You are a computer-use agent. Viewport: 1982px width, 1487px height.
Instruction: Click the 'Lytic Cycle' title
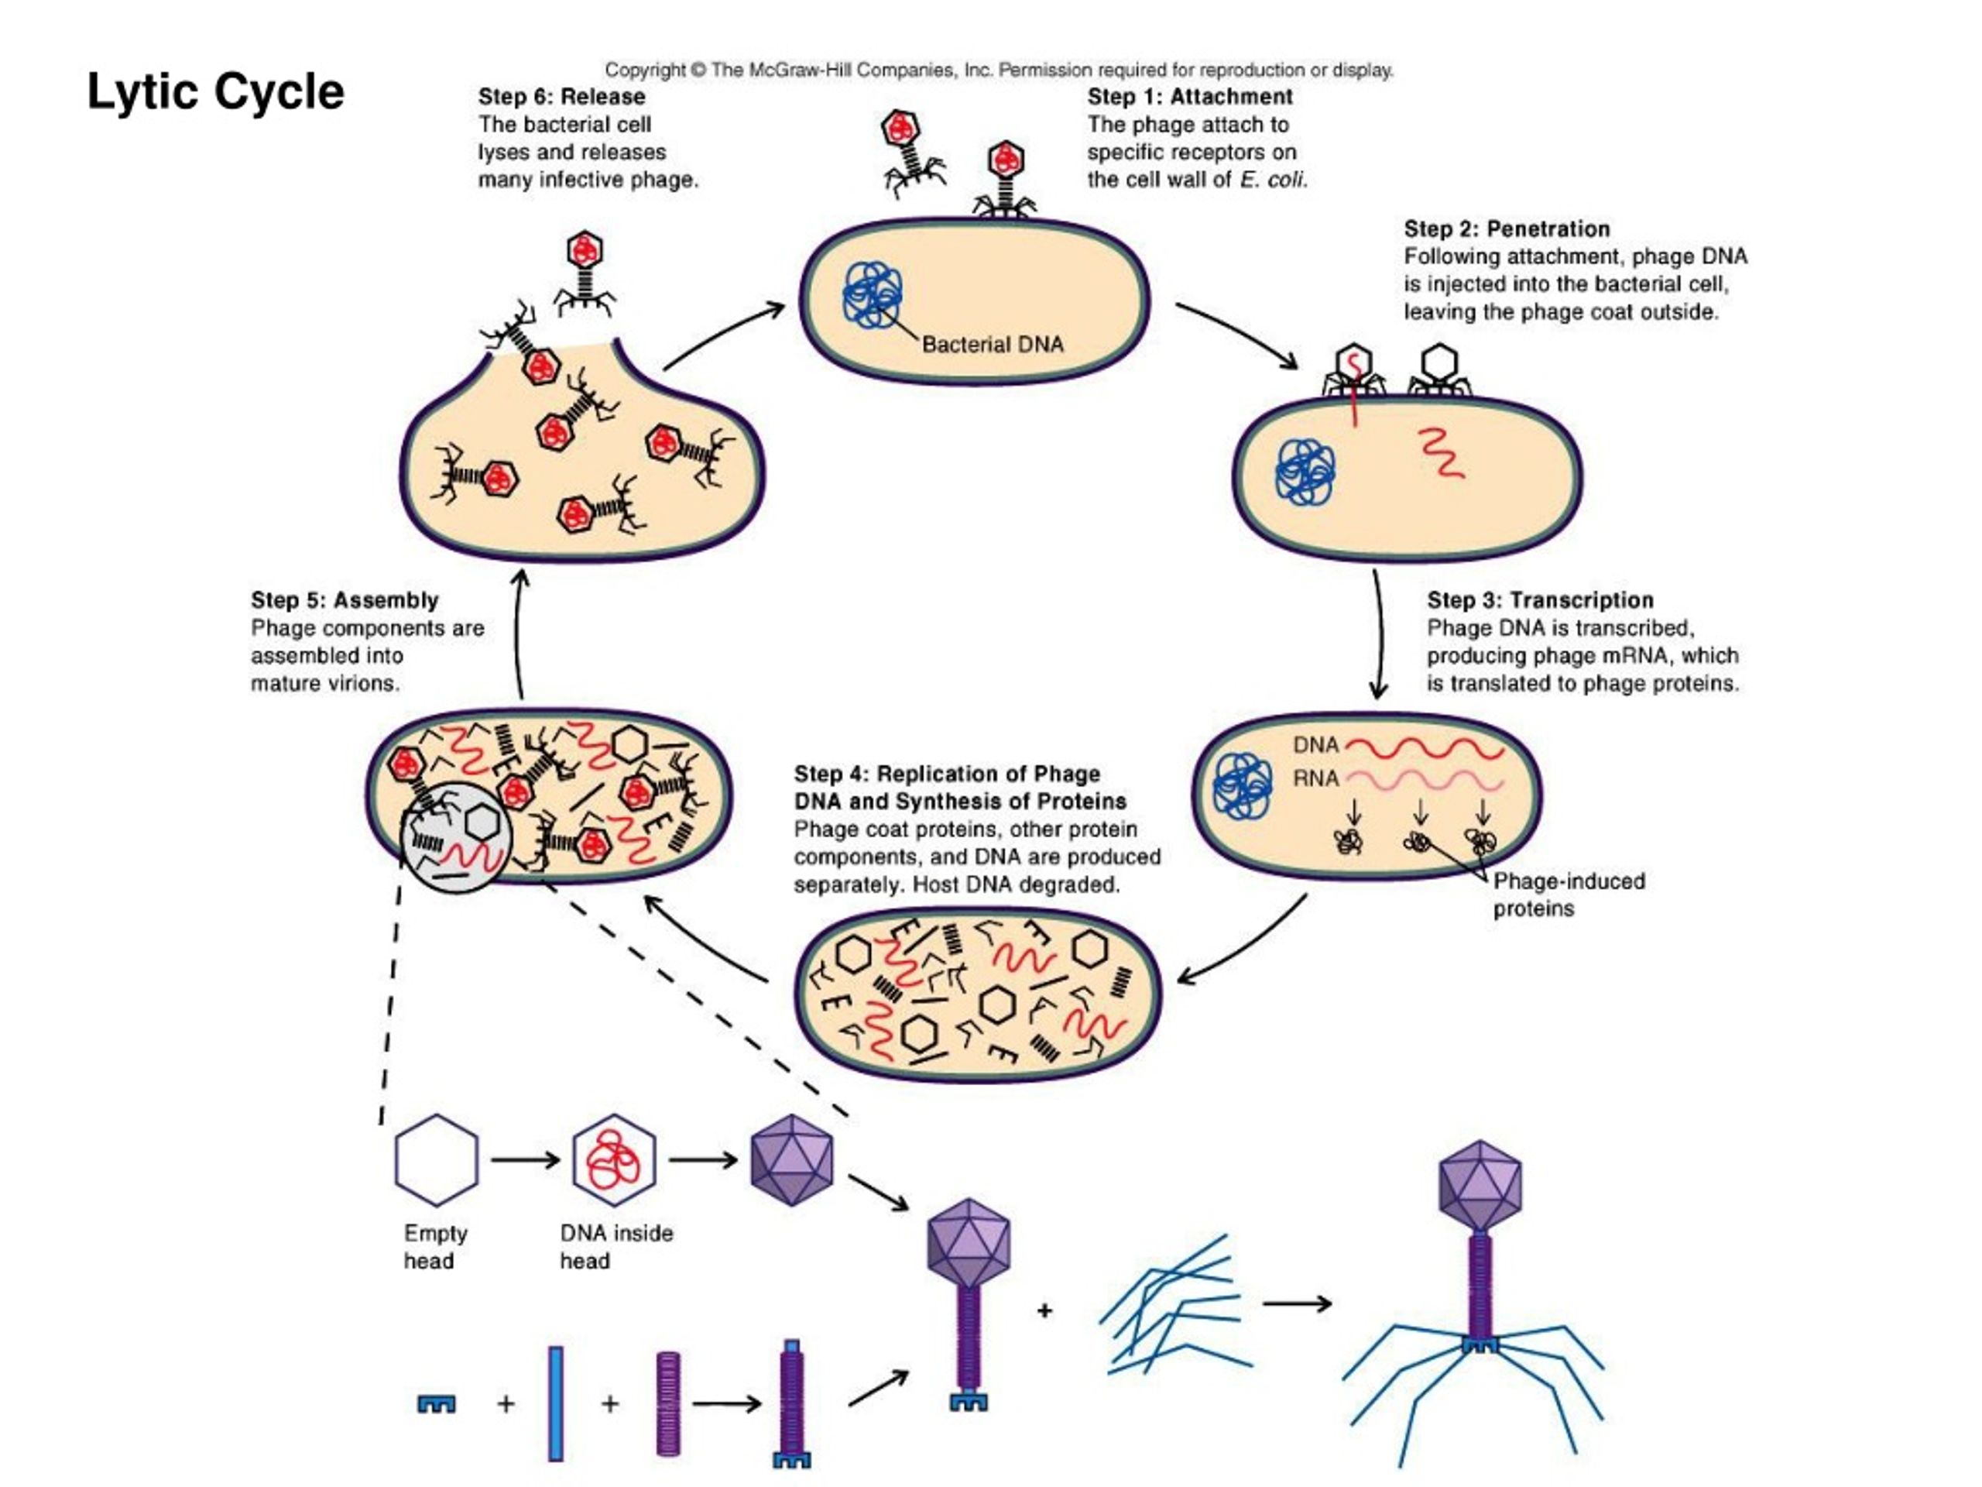pyautogui.click(x=215, y=92)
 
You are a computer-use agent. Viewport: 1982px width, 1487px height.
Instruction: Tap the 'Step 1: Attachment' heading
pyautogui.click(x=1189, y=97)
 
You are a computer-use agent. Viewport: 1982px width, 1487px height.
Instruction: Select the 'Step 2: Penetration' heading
pyautogui.click(x=1506, y=228)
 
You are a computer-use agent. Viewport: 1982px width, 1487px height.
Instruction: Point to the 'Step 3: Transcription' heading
pyautogui.click(x=1539, y=599)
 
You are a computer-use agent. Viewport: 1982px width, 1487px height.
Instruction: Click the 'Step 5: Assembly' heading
pyautogui.click(x=344, y=599)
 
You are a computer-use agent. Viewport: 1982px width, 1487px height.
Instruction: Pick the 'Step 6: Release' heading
pyautogui.click(x=561, y=97)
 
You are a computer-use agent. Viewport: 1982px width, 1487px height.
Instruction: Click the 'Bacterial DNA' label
pyautogui.click(x=992, y=344)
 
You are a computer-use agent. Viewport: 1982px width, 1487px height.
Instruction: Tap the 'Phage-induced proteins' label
pyautogui.click(x=1567, y=895)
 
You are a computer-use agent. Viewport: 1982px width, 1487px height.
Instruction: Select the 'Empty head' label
pyautogui.click(x=434, y=1247)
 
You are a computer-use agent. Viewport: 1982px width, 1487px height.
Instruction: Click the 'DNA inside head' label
pyautogui.click(x=616, y=1247)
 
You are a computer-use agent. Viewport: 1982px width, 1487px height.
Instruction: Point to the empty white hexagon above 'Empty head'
pyautogui.click(x=437, y=1160)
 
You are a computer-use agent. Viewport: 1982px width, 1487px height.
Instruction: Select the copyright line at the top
pyautogui.click(x=998, y=70)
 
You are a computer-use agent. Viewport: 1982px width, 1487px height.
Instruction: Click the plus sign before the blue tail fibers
pyautogui.click(x=1044, y=1311)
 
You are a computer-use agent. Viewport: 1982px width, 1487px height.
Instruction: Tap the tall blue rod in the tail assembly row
pyautogui.click(x=556, y=1403)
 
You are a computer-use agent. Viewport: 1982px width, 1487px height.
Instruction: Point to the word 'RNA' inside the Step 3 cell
pyautogui.click(x=1315, y=778)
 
